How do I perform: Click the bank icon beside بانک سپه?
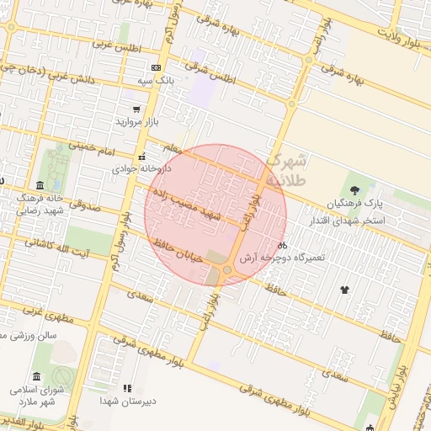click(156, 67)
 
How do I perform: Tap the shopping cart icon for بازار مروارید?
click(136, 109)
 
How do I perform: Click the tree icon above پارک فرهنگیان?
click(354, 189)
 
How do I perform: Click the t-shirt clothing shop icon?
click(344, 290)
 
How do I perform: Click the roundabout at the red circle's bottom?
click(227, 269)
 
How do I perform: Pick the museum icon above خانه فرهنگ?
click(40, 184)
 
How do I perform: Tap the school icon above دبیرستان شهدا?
click(127, 388)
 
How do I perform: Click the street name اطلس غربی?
click(114, 43)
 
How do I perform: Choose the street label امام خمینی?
click(89, 146)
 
